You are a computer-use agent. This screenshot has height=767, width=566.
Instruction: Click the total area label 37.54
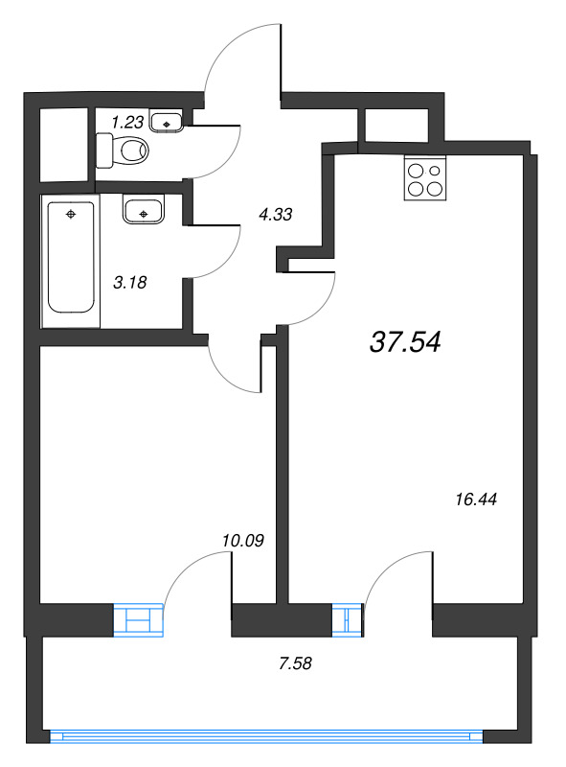tap(405, 341)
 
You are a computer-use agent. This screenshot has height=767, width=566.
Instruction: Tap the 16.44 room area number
tap(476, 500)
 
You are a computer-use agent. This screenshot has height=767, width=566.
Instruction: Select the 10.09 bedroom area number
tap(243, 541)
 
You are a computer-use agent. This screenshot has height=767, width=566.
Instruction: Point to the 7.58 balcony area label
tap(295, 663)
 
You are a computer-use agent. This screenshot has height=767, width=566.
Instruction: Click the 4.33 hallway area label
tap(276, 214)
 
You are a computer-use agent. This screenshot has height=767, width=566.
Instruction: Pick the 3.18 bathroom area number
tap(130, 282)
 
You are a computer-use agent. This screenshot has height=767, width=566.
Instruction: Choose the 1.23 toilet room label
tap(127, 122)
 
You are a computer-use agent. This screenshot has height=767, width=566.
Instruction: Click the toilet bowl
tap(123, 151)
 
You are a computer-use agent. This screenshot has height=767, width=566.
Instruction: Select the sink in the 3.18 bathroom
tap(143, 210)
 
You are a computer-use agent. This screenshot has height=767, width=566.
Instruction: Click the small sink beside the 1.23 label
tap(167, 122)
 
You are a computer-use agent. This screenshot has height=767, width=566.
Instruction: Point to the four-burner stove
tap(425, 178)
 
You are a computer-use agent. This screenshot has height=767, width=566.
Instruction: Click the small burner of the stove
tap(435, 171)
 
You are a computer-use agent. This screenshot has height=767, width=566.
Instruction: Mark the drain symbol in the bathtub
tap(71, 214)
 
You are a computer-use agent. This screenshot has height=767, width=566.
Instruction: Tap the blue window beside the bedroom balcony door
tap(138, 620)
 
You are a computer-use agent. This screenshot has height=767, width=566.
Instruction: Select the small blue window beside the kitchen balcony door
tap(348, 620)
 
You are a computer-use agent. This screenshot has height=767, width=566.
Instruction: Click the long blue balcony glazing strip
tap(266, 736)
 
